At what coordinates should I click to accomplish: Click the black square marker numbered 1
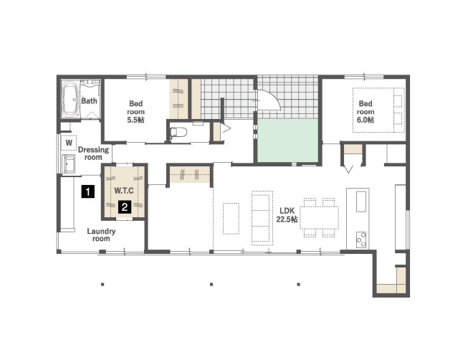pyautogui.click(x=87, y=191)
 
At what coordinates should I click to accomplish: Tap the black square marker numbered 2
pyautogui.click(x=125, y=207)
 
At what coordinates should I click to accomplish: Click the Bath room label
pyautogui.click(x=90, y=101)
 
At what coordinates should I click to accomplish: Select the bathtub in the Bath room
pyautogui.click(x=71, y=99)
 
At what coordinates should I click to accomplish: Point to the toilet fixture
pyautogui.click(x=178, y=132)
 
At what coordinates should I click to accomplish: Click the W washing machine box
pyautogui.click(x=69, y=143)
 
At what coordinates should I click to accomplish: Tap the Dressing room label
pyautogui.click(x=93, y=153)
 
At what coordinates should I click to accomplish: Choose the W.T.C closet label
pyautogui.click(x=124, y=191)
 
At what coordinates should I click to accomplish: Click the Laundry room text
pyautogui.click(x=101, y=235)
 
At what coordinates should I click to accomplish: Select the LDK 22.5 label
pyautogui.click(x=287, y=215)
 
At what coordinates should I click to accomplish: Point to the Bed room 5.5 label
pyautogui.click(x=135, y=112)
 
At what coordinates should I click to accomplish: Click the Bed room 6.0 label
pyautogui.click(x=365, y=112)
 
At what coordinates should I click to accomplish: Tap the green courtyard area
pyautogui.click(x=288, y=141)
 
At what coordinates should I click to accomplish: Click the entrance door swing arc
pyautogui.click(x=275, y=97)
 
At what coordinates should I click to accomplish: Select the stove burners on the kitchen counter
pyautogui.click(x=361, y=240)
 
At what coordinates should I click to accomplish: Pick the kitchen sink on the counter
pyautogui.click(x=361, y=202)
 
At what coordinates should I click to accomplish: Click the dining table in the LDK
pyautogui.click(x=319, y=217)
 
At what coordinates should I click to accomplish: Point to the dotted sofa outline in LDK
pyautogui.click(x=262, y=218)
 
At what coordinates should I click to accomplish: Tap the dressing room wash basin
pyautogui.click(x=69, y=164)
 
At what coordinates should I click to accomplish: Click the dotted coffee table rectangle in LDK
pyautogui.click(x=231, y=219)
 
